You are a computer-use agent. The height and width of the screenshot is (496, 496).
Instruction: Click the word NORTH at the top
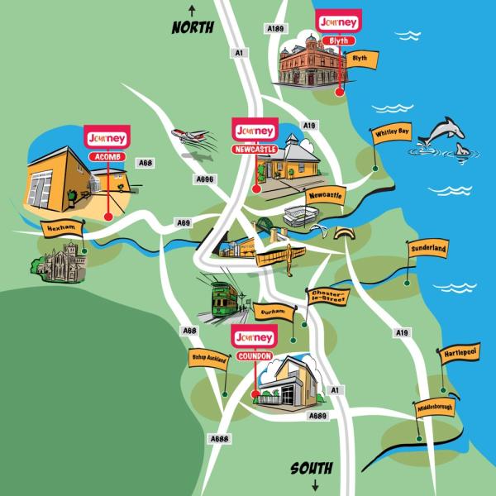pyautogui.click(x=193, y=27)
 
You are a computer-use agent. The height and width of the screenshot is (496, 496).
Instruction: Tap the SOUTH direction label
pyautogui.click(x=311, y=469)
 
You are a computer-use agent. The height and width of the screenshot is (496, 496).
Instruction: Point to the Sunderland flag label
pyautogui.click(x=427, y=248)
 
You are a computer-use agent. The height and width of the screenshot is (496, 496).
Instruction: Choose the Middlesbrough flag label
pyautogui.click(x=436, y=408)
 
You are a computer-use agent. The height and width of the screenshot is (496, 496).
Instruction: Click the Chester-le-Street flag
pyautogui.click(x=327, y=297)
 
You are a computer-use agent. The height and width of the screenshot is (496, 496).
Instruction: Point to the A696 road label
pyautogui.click(x=204, y=178)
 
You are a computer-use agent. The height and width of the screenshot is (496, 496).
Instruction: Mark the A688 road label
pyautogui.click(x=219, y=438)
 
